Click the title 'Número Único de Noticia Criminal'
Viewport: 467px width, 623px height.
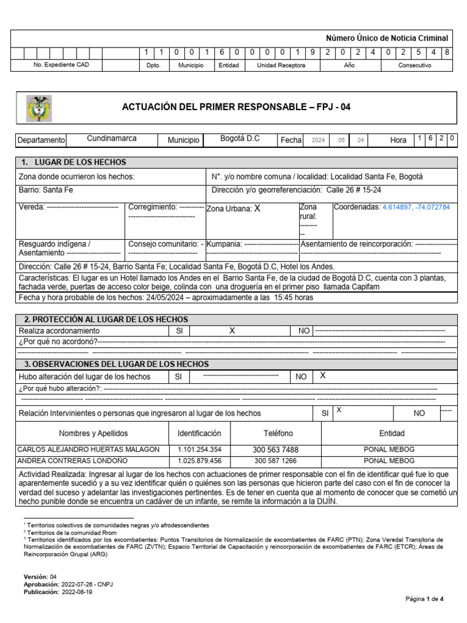coord(387,38)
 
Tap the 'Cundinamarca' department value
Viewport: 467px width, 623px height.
coord(112,139)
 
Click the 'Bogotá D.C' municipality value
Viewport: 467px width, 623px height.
coord(240,139)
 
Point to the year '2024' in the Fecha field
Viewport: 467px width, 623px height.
coord(318,141)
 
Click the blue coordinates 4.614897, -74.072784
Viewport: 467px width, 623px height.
coord(416,207)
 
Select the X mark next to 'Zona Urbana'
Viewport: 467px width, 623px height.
coord(257,208)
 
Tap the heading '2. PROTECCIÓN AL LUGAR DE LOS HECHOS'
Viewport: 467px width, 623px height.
coord(106,319)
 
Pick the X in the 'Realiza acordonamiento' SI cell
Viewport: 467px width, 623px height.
coord(232,330)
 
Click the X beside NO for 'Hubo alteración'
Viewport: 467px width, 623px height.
coord(323,376)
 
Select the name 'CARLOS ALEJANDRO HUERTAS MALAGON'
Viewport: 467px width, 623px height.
coord(89,450)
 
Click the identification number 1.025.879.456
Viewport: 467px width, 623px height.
coord(199,461)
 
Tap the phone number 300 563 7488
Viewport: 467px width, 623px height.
coord(275,450)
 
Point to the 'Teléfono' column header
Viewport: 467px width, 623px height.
coord(278,433)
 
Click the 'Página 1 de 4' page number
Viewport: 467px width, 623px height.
coord(425,599)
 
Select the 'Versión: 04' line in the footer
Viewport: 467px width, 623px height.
coord(40,576)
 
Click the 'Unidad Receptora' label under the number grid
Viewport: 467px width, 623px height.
coord(281,65)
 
